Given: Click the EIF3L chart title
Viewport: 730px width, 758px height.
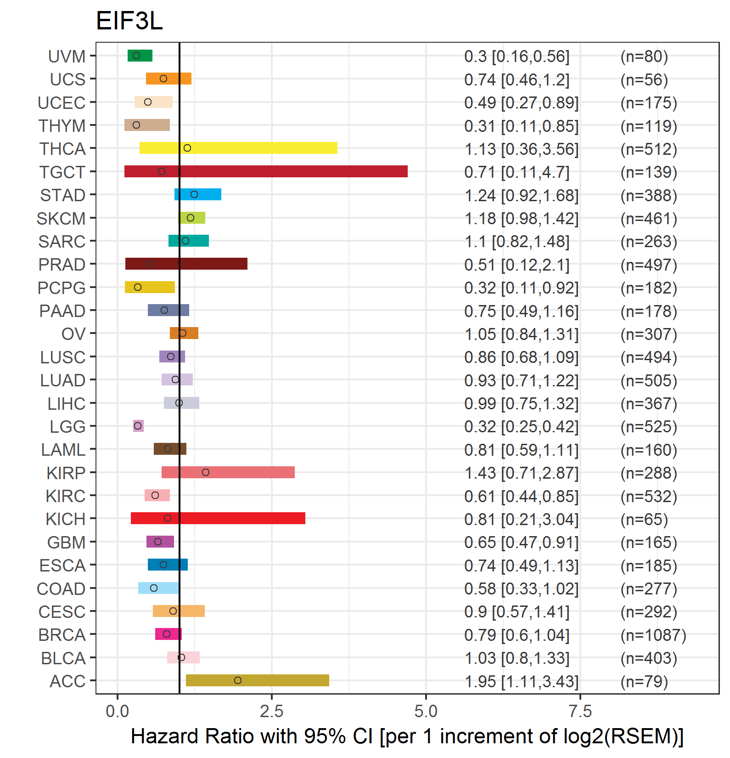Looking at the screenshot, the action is (x=129, y=21).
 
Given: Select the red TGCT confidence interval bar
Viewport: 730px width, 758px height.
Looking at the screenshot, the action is (x=266, y=171).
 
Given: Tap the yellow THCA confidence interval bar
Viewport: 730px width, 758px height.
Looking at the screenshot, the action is (x=238, y=148).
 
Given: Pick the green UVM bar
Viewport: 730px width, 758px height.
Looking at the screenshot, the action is (x=140, y=56).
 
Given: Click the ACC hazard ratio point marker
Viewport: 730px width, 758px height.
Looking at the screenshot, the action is (x=238, y=680).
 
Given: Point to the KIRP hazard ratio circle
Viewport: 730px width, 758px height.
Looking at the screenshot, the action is (x=206, y=472).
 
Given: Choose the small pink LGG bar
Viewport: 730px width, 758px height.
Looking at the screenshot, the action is (x=138, y=426).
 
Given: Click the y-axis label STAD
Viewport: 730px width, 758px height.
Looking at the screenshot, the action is (x=63, y=195).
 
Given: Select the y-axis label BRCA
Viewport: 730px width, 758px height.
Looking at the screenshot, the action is (x=62, y=635).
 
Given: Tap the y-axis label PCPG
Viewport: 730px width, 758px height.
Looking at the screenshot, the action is (x=62, y=288).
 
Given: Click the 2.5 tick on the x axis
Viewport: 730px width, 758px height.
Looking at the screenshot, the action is (x=272, y=712).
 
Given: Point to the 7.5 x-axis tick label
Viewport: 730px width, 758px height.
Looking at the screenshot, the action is (x=580, y=712).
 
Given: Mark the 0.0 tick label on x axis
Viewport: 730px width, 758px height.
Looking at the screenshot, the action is (x=118, y=712).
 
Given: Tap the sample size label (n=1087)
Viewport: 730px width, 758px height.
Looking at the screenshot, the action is (x=653, y=635).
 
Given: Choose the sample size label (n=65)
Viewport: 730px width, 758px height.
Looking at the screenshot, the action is (x=644, y=520).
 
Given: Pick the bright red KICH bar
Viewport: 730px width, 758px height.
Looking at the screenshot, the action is (x=218, y=518).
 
